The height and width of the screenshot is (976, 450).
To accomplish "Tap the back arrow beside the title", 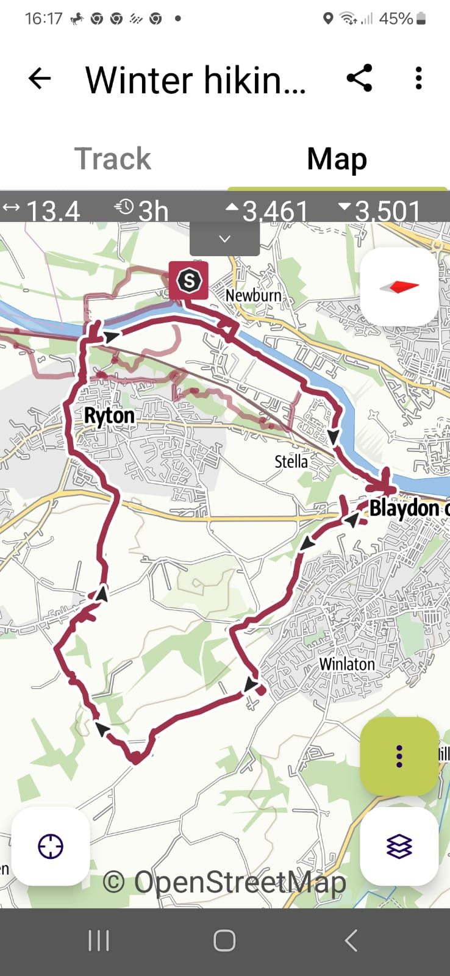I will (x=40, y=79).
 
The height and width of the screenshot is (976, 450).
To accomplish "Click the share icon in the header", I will (x=359, y=79).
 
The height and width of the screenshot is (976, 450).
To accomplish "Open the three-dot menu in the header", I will (x=418, y=79).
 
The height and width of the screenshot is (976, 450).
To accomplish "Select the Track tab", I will (x=113, y=159).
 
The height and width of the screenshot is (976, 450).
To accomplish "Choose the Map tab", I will (x=337, y=159).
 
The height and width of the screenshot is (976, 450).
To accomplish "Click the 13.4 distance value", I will (x=52, y=211).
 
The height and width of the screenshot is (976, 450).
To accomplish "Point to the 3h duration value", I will (x=152, y=211).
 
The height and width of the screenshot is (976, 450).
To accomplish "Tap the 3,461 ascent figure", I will (x=274, y=211).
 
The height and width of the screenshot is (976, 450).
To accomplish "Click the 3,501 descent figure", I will (x=387, y=211).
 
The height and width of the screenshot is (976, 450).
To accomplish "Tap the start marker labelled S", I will (x=188, y=281).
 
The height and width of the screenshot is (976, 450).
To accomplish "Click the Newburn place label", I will (x=253, y=296).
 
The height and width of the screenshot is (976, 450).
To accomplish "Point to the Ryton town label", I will (x=109, y=416).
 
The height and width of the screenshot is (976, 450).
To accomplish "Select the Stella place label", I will (x=291, y=461).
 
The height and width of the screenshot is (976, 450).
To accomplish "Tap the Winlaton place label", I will (x=347, y=663).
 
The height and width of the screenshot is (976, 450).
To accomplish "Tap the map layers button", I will (x=399, y=846).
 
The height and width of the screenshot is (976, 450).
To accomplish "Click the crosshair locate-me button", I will (x=51, y=846).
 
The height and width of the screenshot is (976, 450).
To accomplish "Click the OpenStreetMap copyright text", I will (x=224, y=882).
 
